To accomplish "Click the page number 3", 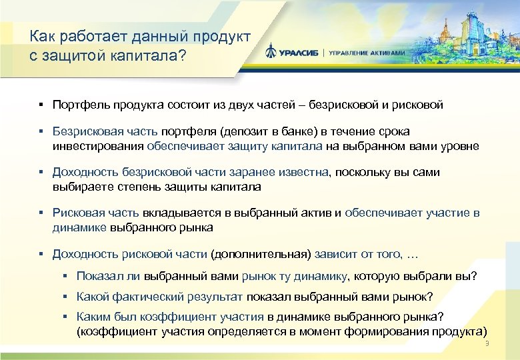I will tap(487, 343).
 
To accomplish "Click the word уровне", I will tap(460, 145).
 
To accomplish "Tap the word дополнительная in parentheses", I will tap(260, 254).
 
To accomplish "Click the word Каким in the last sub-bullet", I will tap(92, 317).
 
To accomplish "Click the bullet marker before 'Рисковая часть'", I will tap(41, 213).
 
